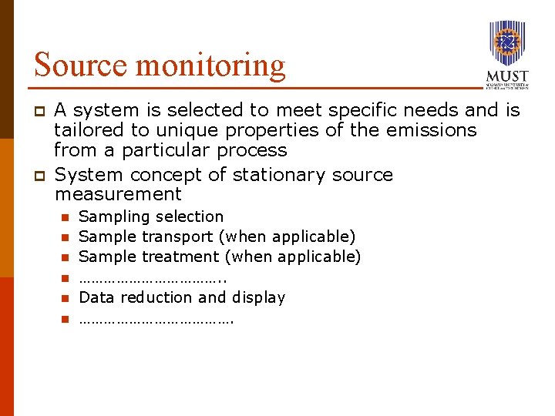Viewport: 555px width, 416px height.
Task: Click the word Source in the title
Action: pyautogui.click(x=80, y=65)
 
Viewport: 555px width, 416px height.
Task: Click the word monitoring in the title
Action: pyautogui.click(x=210, y=66)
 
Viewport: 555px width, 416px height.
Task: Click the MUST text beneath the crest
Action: pyautogui.click(x=507, y=77)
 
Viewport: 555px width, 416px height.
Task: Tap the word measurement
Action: pyautogui.click(x=118, y=194)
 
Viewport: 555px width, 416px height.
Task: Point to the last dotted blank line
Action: pyautogui.click(x=156, y=318)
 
